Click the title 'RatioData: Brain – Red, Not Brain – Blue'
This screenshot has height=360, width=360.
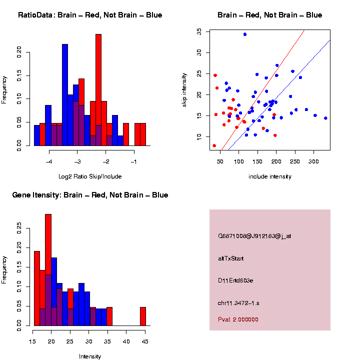(90, 15)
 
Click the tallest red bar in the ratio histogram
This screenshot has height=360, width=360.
(98, 90)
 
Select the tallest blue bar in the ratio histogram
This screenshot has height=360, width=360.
(65, 95)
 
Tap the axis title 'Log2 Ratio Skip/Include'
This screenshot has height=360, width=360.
(90, 176)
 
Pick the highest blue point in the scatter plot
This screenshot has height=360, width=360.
(245, 34)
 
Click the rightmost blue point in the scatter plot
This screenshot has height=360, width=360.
(325, 118)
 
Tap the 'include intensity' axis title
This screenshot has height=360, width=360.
(270, 176)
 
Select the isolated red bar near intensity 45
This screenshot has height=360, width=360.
(143, 316)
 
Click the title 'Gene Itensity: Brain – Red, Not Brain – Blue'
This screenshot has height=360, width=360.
(90, 195)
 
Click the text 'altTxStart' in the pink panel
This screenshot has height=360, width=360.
(231, 258)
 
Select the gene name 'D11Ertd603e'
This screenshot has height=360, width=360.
(235, 280)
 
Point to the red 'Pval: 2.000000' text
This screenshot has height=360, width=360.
(238, 319)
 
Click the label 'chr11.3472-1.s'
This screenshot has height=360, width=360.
(238, 303)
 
